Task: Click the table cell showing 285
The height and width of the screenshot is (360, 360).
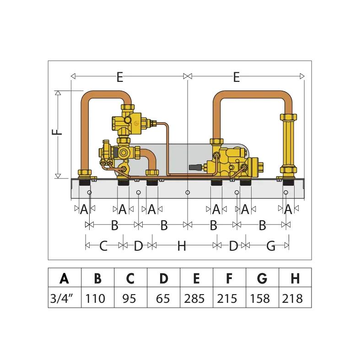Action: pos(194,298)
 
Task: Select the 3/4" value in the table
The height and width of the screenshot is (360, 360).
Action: pos(61,298)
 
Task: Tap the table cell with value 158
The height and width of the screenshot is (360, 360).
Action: pos(260,298)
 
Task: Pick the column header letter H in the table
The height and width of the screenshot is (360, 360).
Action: pos(295,278)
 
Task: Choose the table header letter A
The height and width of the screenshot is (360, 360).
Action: pos(64,278)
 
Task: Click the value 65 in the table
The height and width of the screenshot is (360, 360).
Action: pos(163,298)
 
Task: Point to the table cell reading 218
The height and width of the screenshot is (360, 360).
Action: pos(292,298)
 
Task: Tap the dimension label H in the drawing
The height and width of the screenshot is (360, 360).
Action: pos(182,246)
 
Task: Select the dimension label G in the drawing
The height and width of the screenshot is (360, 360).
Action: pos(271,246)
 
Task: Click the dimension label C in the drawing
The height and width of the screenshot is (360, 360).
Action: pos(103,246)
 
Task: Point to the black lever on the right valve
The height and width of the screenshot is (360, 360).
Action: pos(195,167)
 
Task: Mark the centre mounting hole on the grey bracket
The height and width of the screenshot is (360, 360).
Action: pos(188,193)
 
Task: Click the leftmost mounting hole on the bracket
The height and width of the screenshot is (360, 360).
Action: pos(90,193)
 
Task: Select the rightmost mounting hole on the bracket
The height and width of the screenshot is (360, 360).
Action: pos(286,193)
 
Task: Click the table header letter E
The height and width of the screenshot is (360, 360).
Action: pos(196,278)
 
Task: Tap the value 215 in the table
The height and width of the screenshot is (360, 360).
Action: pos(227,298)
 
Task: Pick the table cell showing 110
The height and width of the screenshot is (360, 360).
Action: pos(95,298)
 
